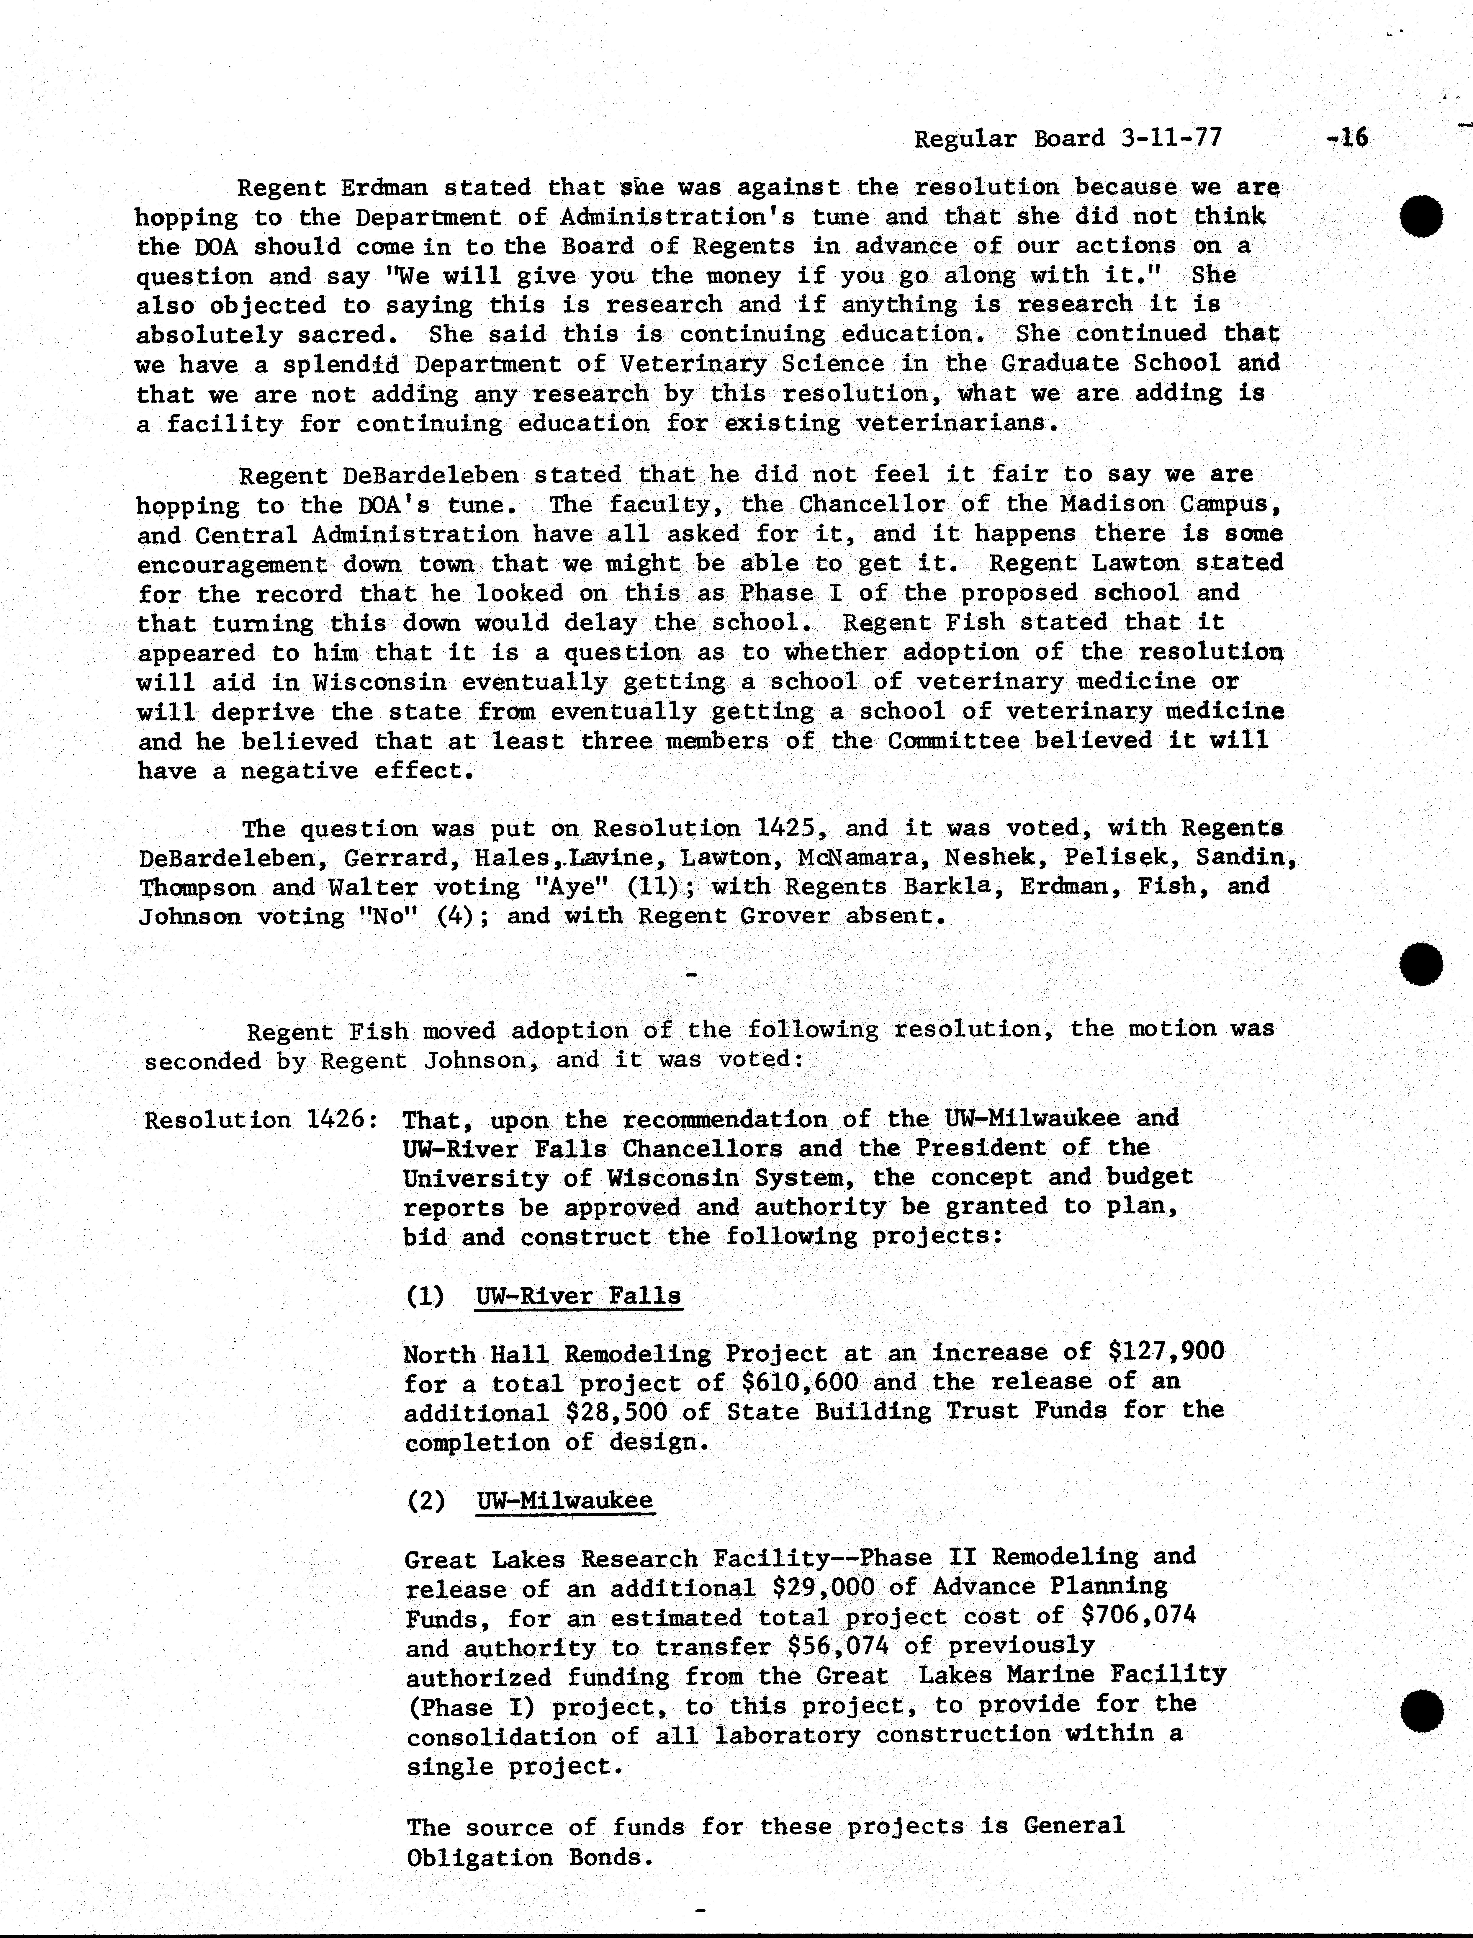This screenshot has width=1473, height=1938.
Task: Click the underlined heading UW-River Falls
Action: tap(578, 1296)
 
